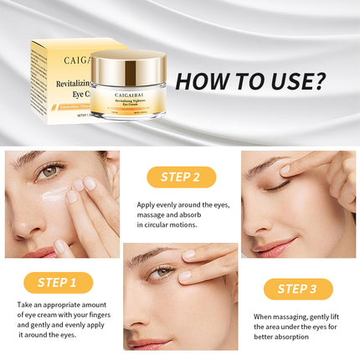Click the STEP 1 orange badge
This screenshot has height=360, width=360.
coord(58,282)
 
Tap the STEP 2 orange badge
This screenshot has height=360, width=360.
coord(182,177)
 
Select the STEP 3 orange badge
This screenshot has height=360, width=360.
coord(298,289)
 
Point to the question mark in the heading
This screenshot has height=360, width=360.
coord(319,81)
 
